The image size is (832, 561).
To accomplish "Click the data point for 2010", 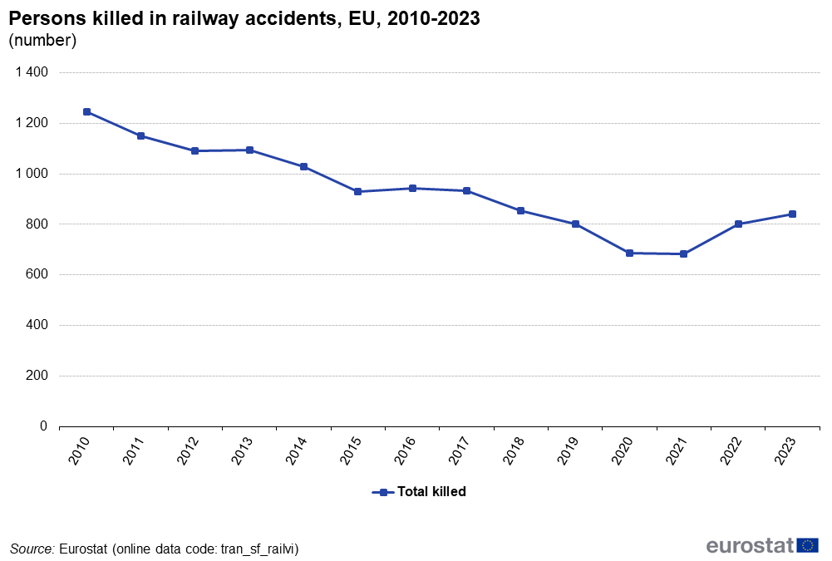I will pos(86,111).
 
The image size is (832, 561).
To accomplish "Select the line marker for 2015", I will pos(358,192).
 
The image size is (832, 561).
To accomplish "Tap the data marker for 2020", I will pos(629,253).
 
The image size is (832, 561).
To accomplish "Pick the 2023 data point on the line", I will pos(792,214).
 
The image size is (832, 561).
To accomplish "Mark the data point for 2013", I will pos(249,150).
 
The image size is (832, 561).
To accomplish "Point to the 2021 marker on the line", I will pos(683,254).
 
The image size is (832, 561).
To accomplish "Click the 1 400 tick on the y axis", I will pos(32,73).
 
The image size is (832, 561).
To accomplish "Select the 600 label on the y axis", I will pos(37,275).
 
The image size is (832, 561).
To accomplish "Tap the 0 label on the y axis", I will pos(44,426).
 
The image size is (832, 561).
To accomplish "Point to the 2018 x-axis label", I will pos(515,450).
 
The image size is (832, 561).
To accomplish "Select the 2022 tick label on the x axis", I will pos(732,450).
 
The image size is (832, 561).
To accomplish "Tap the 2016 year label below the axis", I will pos(406,450).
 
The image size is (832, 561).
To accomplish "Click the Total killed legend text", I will pos(431,492).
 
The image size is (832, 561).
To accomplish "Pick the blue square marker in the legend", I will pos(383,492).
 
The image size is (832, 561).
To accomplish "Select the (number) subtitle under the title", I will pos(42,40).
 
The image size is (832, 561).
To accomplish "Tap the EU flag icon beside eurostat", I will pos(807,545).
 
